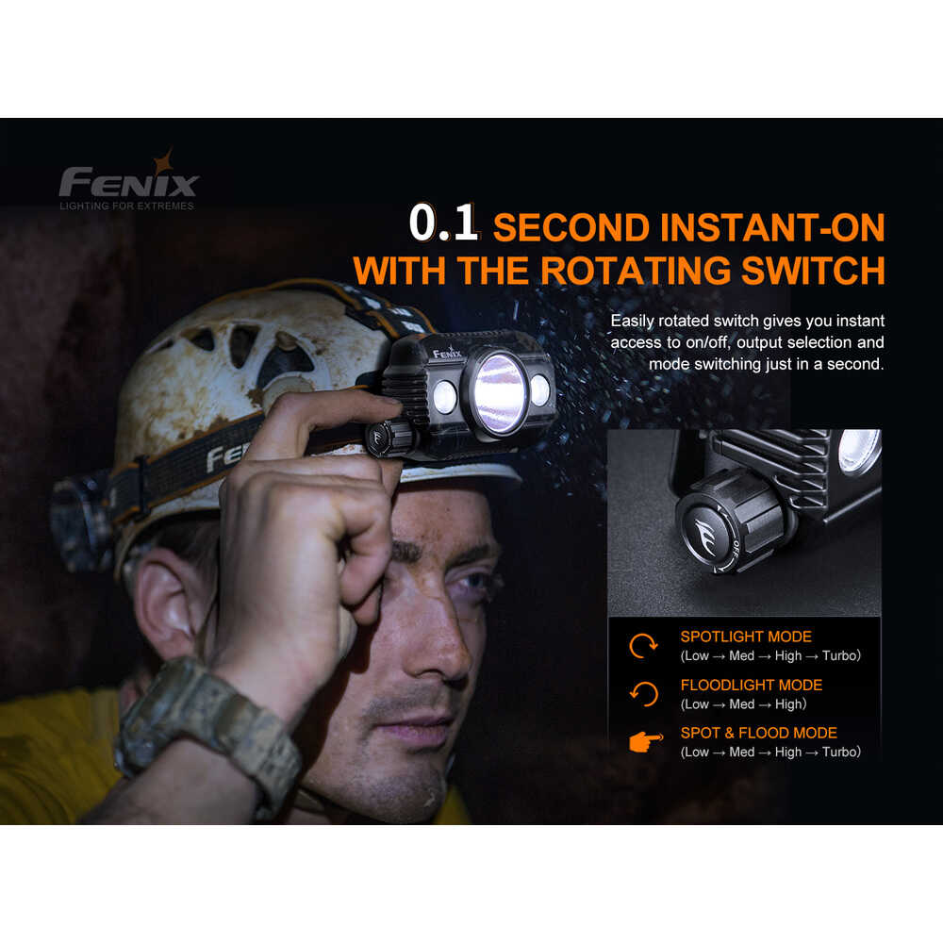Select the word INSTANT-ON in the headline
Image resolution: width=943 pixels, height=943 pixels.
pyautogui.click(x=772, y=227)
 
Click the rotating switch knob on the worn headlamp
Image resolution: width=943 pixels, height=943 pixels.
pyautogui.click(x=390, y=438)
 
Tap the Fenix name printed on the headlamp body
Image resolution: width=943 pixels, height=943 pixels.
pyautogui.click(x=447, y=352)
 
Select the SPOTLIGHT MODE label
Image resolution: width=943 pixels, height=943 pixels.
pyautogui.click(x=746, y=637)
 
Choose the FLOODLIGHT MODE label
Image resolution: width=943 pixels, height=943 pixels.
pyautogui.click(x=752, y=685)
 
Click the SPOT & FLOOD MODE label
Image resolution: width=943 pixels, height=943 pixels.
pyautogui.click(x=758, y=733)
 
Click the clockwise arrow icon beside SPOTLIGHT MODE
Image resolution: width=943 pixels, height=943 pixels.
pyautogui.click(x=643, y=647)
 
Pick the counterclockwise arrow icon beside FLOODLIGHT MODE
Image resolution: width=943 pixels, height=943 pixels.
pyautogui.click(x=643, y=694)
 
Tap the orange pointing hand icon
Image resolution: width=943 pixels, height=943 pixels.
pyautogui.click(x=646, y=741)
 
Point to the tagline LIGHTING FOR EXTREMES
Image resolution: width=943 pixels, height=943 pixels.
pyautogui.click(x=127, y=206)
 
